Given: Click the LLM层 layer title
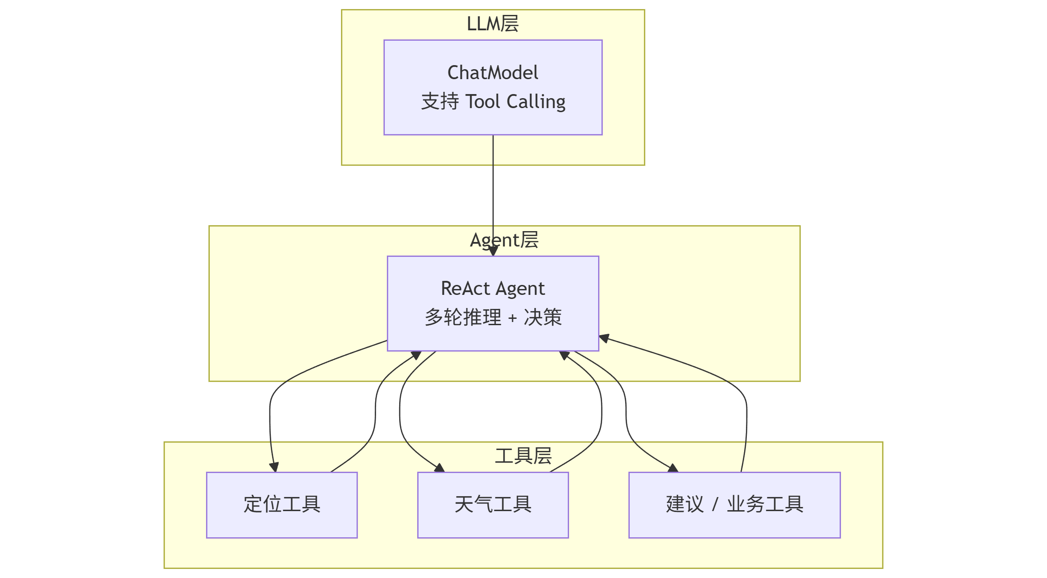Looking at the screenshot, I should click(x=492, y=24).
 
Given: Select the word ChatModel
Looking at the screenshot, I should click(x=493, y=73).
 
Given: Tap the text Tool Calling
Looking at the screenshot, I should click(x=515, y=102).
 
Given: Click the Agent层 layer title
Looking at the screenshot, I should click(x=504, y=240).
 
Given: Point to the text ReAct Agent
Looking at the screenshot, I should click(x=493, y=289).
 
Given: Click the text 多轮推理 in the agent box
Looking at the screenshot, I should click(x=463, y=317).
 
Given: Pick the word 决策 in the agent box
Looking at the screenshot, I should click(x=542, y=317).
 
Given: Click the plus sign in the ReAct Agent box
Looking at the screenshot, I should click(x=512, y=318).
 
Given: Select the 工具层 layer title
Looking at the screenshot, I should click(x=523, y=456).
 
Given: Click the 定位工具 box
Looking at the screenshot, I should click(x=282, y=505).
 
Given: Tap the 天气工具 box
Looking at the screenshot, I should click(x=493, y=505).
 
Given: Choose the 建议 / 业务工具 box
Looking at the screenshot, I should click(x=734, y=505).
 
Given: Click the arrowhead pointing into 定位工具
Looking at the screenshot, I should click(x=274, y=468).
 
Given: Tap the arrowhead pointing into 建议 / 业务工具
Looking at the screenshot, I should click(x=673, y=468).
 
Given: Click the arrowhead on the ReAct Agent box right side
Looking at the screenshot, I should click(x=604, y=338).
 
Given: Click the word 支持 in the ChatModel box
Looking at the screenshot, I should click(x=439, y=102).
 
